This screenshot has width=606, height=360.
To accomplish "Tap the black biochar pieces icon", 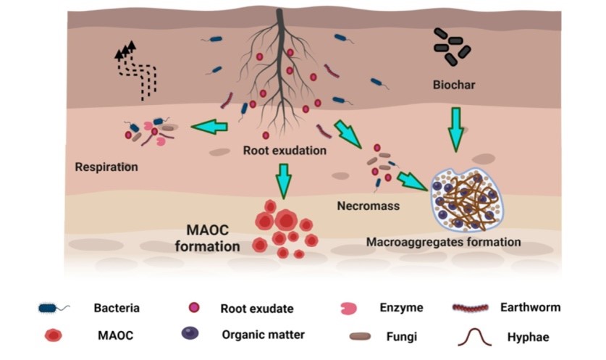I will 452,44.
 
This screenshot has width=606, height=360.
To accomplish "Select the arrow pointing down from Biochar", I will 455,129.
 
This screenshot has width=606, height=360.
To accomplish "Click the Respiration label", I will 106,167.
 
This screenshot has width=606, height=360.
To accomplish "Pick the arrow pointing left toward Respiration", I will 209,127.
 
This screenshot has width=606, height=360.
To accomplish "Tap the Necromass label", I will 369,206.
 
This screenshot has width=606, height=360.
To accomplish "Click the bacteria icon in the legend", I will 54,308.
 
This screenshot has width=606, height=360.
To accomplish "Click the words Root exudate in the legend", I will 257,309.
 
